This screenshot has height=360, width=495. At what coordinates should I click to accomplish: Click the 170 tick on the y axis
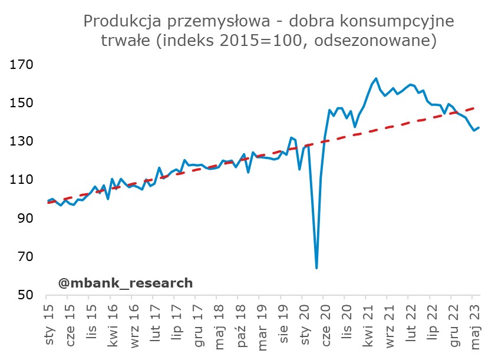click(x=22, y=65)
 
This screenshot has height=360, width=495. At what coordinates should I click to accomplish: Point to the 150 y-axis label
click(x=22, y=103)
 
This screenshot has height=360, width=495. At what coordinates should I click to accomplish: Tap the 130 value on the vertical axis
click(x=22, y=141)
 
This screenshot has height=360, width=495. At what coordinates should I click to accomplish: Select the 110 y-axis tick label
click(x=22, y=180)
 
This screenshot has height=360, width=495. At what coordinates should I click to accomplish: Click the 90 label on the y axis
click(x=25, y=219)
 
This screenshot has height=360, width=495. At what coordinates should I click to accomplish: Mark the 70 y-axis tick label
click(x=25, y=257)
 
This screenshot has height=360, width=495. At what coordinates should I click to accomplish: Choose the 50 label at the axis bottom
click(x=25, y=295)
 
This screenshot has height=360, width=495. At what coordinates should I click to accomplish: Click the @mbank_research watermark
click(x=126, y=283)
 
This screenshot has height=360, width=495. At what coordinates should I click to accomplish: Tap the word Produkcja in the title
click(x=123, y=21)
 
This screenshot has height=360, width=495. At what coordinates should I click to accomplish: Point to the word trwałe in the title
click(x=126, y=40)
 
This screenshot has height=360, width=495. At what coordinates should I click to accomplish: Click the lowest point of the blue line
click(x=316, y=268)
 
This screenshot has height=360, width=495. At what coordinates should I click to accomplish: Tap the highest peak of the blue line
click(x=376, y=78)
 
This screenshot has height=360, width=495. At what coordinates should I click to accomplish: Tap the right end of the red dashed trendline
click(x=476, y=108)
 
